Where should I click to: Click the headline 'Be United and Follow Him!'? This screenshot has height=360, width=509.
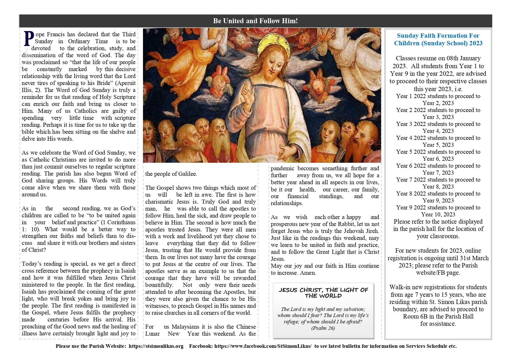[x=255, y=21]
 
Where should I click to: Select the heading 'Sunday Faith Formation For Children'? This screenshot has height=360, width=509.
[x=438, y=39]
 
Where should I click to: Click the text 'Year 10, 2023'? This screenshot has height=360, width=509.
[x=438, y=214]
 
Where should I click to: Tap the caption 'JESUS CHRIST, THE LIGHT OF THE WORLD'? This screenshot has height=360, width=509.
[x=323, y=293]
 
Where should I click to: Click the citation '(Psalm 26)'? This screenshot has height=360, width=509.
[x=323, y=328]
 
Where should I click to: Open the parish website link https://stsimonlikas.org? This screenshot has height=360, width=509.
[x=156, y=346]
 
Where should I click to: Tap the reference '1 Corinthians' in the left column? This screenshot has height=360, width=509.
[x=119, y=222]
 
